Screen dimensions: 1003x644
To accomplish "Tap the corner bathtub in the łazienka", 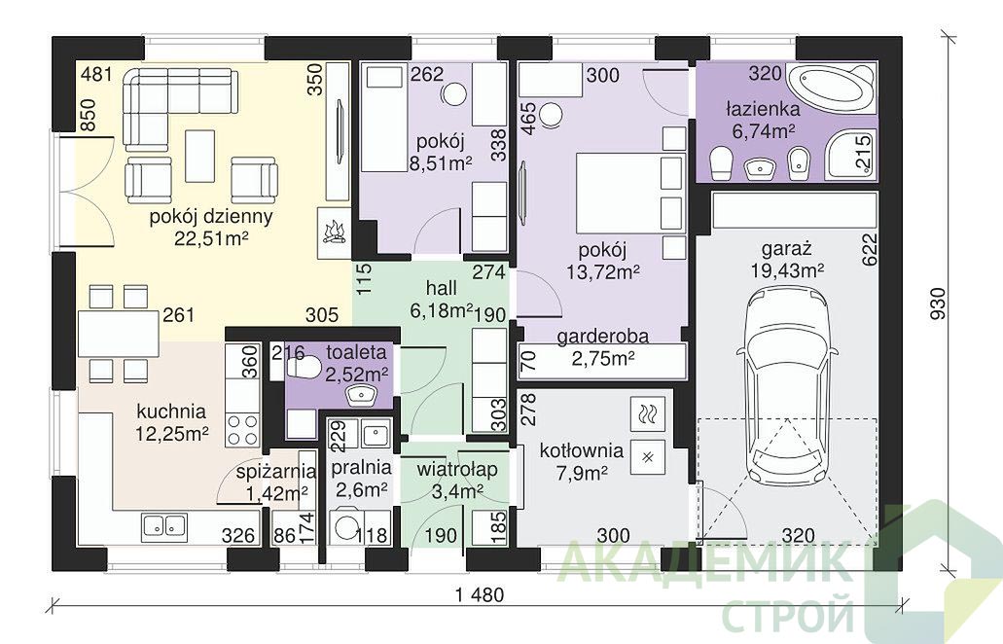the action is pyautogui.click(x=830, y=89).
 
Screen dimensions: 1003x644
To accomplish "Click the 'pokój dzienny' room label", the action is pyautogui.click(x=211, y=216).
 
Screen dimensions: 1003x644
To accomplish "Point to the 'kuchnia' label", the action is pyautogui.click(x=171, y=411).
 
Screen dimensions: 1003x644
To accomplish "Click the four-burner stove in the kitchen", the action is pyautogui.click(x=242, y=430).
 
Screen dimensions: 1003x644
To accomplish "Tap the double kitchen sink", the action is pyautogui.click(x=164, y=525).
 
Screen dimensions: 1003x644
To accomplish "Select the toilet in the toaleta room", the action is pyautogui.click(x=304, y=368).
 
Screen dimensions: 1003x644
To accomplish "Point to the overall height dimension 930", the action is pyautogui.click(x=937, y=304).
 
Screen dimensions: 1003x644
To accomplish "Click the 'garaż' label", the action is pyautogui.click(x=787, y=248).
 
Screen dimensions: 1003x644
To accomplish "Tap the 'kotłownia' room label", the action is pyautogui.click(x=581, y=450).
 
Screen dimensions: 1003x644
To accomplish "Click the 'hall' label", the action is pyautogui.click(x=442, y=287).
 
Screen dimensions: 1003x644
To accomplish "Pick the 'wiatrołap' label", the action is pyautogui.click(x=456, y=470).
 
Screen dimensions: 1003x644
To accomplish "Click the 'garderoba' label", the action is pyautogui.click(x=602, y=336).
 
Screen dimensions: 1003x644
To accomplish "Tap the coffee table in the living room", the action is pyautogui.click(x=199, y=156).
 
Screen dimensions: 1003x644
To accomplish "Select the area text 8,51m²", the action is pyautogui.click(x=441, y=163).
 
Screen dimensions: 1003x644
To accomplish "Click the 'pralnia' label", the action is pyautogui.click(x=361, y=468).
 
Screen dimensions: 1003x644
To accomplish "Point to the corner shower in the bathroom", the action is pyautogui.click(x=849, y=154).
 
